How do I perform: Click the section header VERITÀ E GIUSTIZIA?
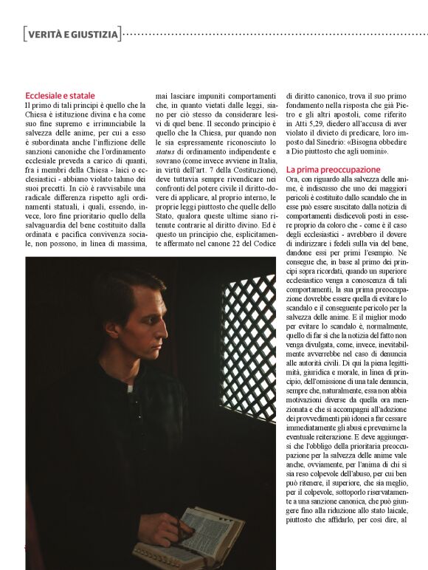(x=72, y=33)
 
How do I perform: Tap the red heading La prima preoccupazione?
(x=334, y=170)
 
